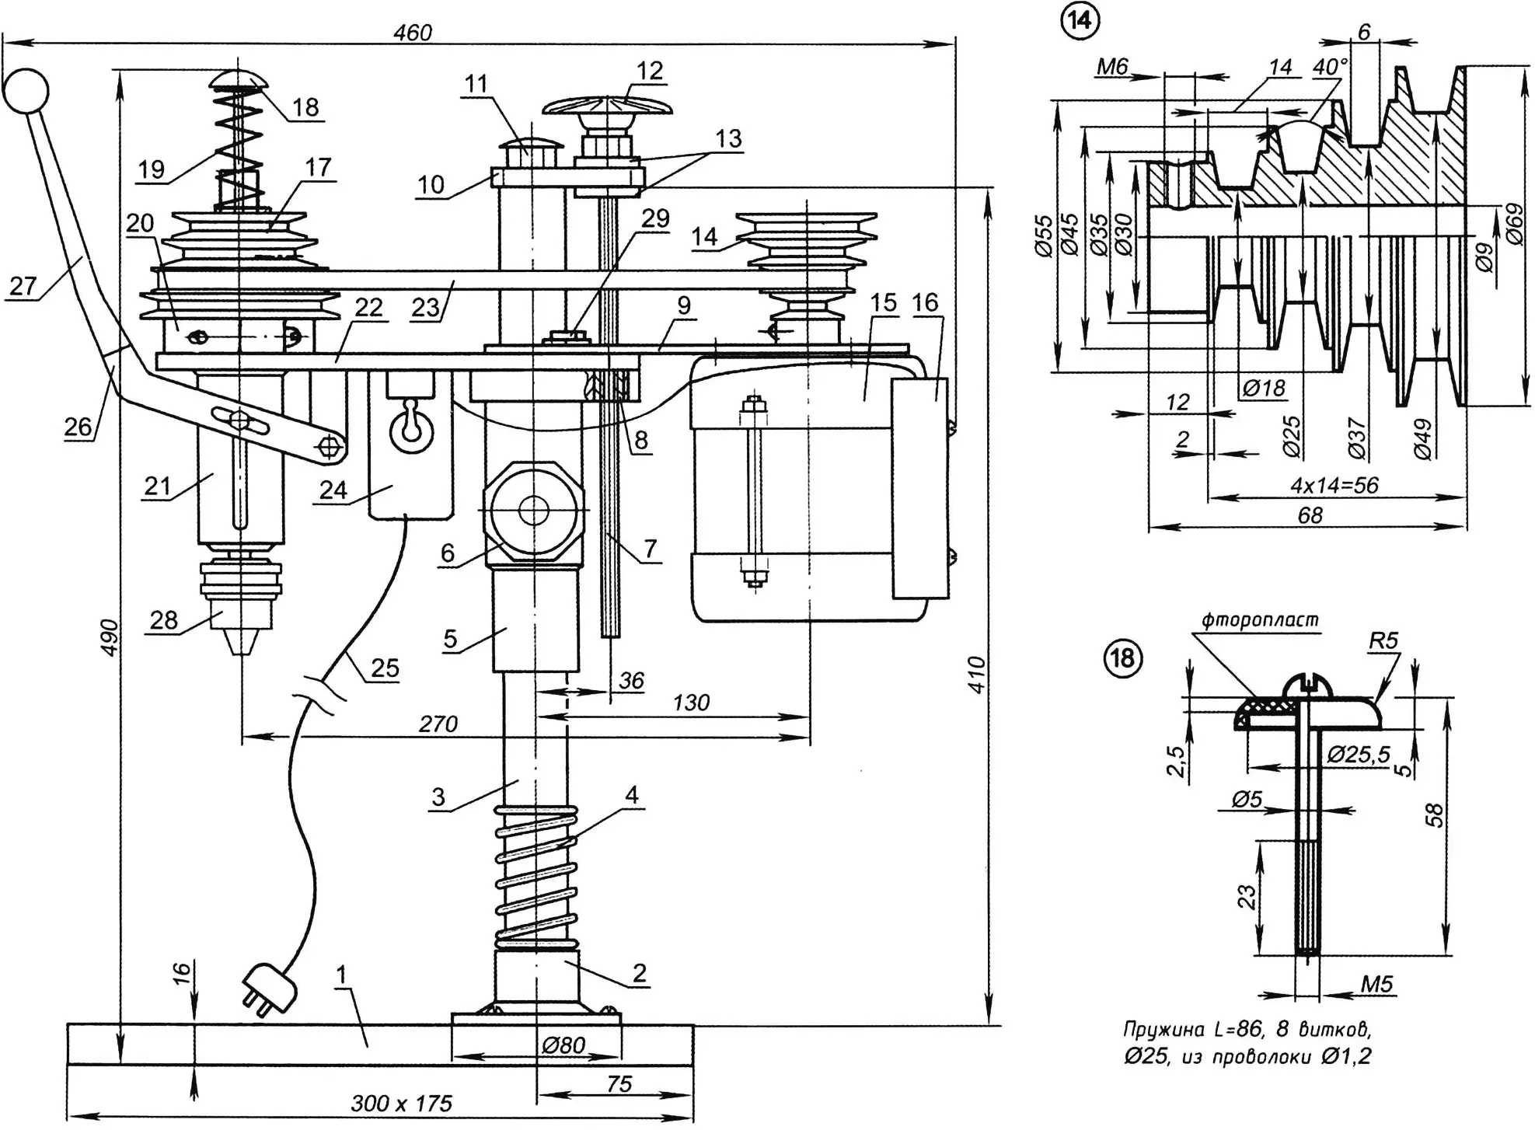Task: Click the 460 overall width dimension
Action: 412,33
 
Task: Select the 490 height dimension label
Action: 110,636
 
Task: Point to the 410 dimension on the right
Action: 977,675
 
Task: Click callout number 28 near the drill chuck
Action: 164,620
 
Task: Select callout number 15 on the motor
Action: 884,303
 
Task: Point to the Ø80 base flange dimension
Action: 563,1045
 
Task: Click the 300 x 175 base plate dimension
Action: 401,1104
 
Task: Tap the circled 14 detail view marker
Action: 1081,22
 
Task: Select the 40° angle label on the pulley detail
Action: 1329,68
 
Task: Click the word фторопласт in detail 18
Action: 1259,620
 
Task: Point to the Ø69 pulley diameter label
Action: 1515,224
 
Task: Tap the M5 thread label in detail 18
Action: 1376,985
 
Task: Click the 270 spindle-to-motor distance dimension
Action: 438,724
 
